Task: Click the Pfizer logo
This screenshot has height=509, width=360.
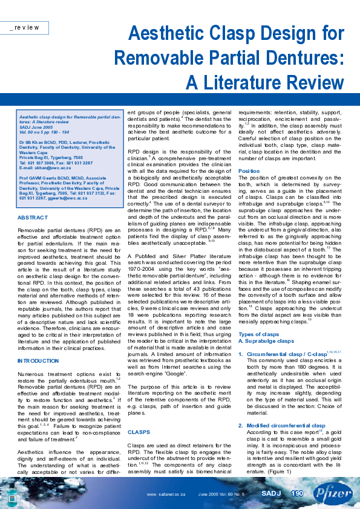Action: click(x=332, y=494)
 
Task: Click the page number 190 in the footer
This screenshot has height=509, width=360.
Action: click(x=297, y=494)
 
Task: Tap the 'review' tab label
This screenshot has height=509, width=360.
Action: click(x=27, y=28)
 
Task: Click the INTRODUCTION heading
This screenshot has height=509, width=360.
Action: click(x=38, y=360)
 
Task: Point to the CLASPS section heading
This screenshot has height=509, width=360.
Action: click(x=139, y=432)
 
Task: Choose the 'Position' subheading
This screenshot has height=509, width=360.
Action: click(x=249, y=171)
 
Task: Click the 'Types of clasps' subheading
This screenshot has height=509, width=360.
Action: click(x=258, y=334)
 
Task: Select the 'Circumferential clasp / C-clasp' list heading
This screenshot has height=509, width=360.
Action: click(x=282, y=352)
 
